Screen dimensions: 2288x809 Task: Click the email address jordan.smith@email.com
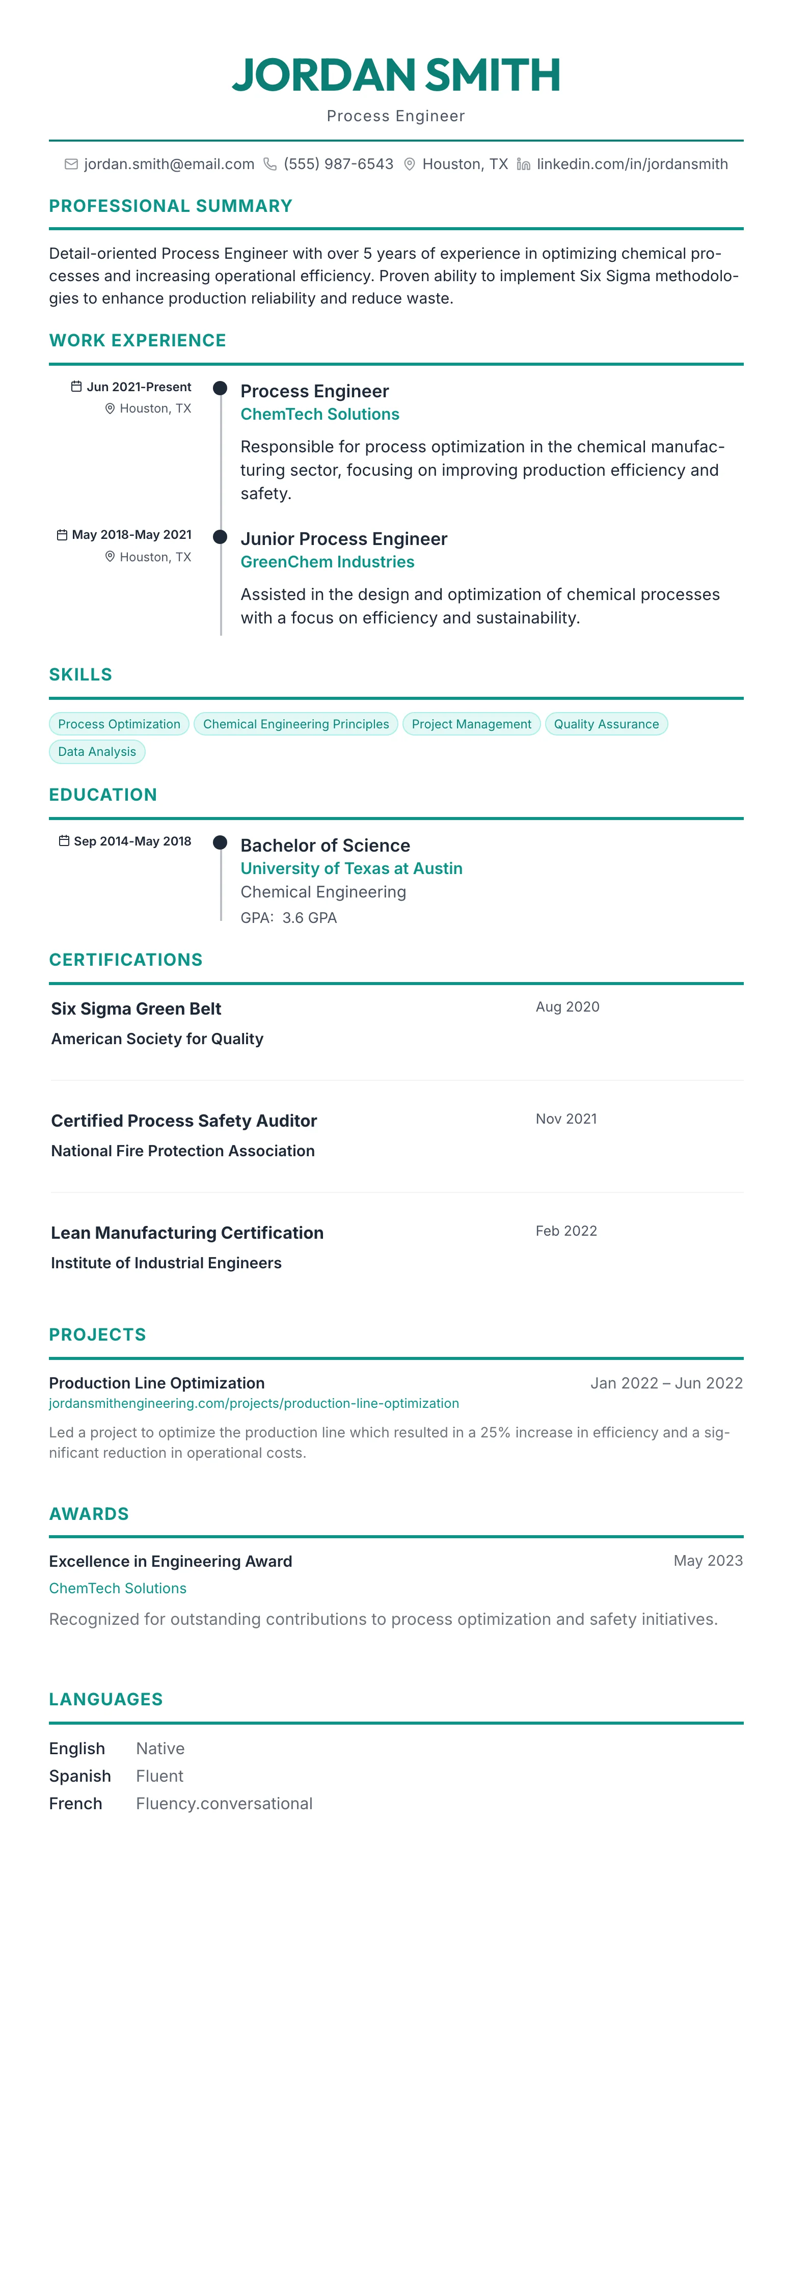[169, 165]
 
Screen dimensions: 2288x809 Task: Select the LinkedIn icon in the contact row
[523, 165]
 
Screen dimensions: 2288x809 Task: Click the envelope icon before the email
[71, 165]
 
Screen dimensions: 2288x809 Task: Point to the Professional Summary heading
[171, 206]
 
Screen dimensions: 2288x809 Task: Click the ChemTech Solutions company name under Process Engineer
[320, 414]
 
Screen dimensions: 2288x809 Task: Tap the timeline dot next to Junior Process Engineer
[220, 536]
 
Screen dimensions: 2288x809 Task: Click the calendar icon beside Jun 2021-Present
[76, 387]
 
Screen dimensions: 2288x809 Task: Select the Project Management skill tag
[471, 724]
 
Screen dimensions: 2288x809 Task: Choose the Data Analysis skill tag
[97, 751]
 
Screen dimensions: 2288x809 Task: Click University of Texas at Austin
[351, 868]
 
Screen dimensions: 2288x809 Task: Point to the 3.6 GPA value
[309, 917]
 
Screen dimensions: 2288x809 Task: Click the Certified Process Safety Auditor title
[184, 1121]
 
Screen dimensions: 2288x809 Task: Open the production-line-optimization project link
[254, 1403]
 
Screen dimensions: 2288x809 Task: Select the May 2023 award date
[708, 1561]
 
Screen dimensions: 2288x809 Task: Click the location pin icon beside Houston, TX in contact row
[410, 165]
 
